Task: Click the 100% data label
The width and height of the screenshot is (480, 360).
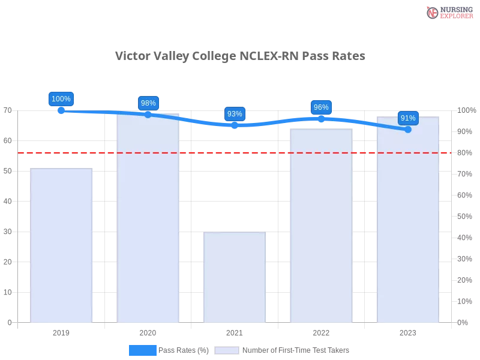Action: tap(61, 99)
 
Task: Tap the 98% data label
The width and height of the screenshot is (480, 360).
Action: tap(148, 103)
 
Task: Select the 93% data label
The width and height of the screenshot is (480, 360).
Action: tap(235, 114)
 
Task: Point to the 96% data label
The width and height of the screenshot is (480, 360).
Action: tap(321, 107)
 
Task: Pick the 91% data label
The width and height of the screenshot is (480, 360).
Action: tap(408, 118)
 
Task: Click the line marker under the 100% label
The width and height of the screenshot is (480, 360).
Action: tap(61, 110)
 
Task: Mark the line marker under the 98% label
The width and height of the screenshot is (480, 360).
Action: tap(148, 114)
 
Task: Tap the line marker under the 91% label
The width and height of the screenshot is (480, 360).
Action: tap(408, 129)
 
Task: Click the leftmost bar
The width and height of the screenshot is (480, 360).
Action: tap(62, 246)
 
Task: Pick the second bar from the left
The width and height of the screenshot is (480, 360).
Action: tap(148, 218)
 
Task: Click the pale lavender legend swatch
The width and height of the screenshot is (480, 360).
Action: tap(227, 350)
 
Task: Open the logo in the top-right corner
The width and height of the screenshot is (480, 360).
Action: tap(448, 12)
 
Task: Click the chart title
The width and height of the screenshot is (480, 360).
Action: tap(242, 56)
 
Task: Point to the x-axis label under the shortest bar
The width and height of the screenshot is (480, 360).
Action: tap(235, 331)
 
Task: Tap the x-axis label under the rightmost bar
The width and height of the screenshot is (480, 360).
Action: tap(408, 331)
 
